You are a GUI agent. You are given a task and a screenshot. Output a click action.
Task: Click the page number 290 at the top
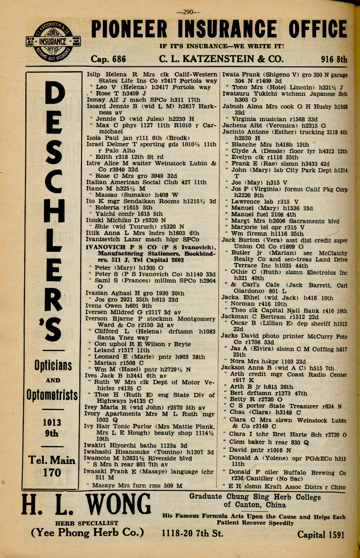point(188,12)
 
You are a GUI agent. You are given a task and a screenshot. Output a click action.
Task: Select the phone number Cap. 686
point(108,59)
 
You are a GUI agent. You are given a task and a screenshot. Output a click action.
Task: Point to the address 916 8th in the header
point(334,59)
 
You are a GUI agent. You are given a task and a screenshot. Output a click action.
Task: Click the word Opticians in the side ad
point(53,366)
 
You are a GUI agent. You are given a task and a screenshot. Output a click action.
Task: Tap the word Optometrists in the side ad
point(52,395)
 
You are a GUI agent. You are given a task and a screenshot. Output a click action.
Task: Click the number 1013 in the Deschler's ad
point(52,422)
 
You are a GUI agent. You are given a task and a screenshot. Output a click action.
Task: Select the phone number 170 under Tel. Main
point(52,473)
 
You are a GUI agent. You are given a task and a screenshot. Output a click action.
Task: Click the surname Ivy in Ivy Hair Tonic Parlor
point(88,426)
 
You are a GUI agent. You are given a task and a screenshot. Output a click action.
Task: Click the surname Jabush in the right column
point(233,106)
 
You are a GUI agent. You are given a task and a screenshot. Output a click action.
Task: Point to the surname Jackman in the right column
point(235,316)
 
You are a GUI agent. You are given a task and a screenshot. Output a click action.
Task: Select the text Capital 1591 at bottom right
point(320,535)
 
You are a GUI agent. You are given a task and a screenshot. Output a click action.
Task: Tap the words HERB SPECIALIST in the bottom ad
point(86,523)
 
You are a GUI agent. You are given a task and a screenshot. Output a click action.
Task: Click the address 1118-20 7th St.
point(192,533)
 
